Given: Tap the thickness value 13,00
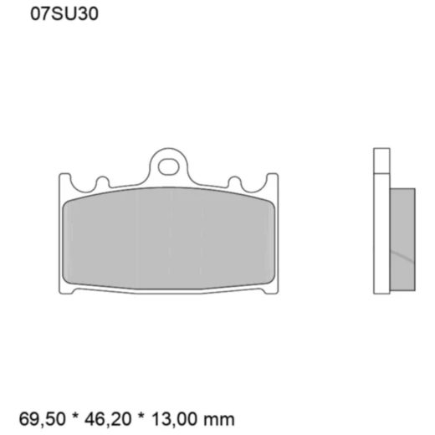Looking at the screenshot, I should pyautogui.click(x=190, y=418).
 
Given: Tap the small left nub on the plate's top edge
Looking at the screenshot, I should pyautogui.click(x=103, y=182).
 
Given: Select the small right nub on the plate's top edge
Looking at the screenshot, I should pyautogui.click(x=235, y=182).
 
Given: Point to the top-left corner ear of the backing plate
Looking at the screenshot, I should pyautogui.click(x=64, y=181).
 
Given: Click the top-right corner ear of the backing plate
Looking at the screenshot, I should pyautogui.click(x=273, y=181).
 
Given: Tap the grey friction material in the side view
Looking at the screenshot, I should pyautogui.click(x=402, y=238).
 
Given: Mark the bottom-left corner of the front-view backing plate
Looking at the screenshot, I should pyautogui.click(x=67, y=289).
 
